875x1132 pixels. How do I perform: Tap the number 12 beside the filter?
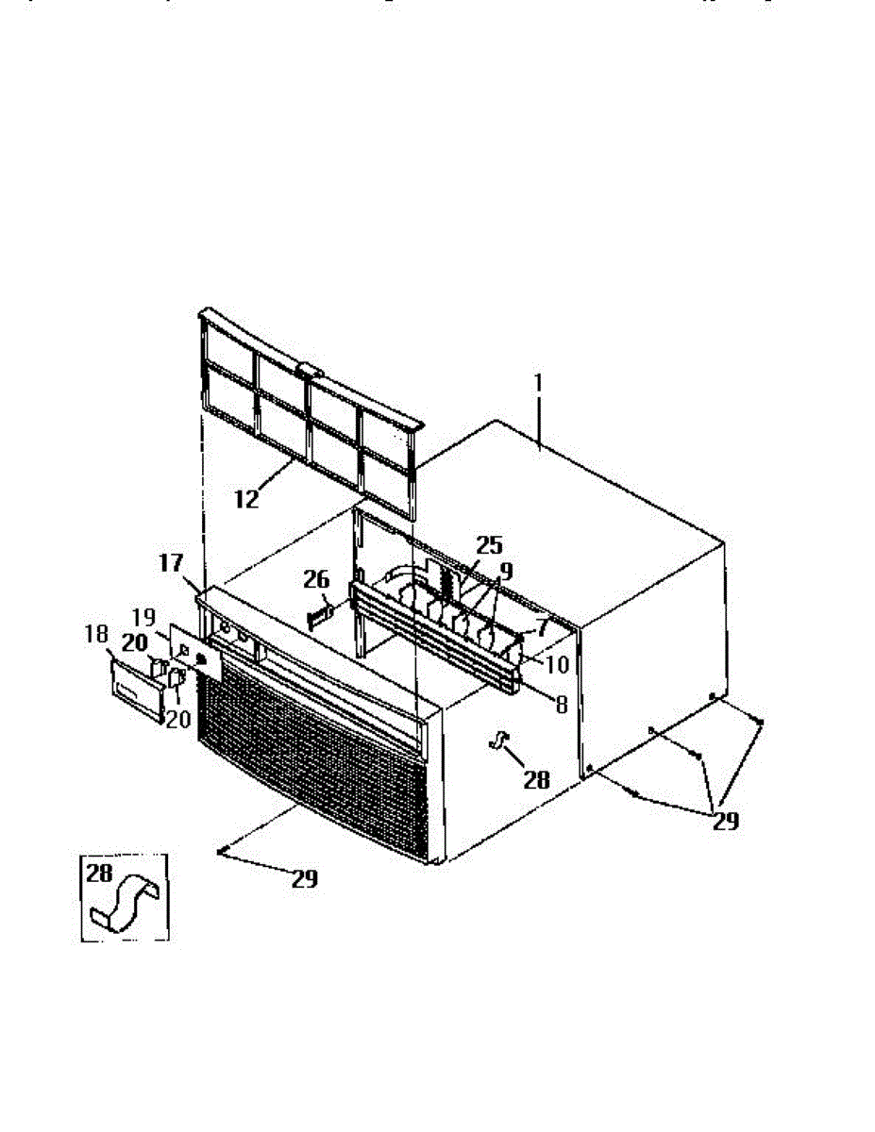click(246, 499)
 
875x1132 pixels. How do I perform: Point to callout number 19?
click(144, 619)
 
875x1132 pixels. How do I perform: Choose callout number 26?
click(316, 581)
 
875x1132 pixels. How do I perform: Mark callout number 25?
click(489, 545)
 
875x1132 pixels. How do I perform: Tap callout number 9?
click(506, 571)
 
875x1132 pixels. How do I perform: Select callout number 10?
click(557, 664)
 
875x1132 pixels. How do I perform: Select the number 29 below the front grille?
click(304, 879)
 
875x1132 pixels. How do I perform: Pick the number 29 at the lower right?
click(725, 821)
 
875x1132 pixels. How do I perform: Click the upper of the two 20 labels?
click(134, 641)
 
